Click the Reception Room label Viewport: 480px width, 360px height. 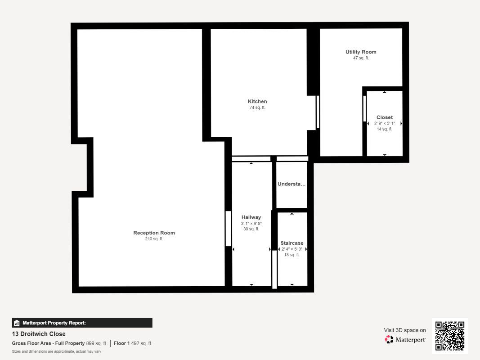[154, 233]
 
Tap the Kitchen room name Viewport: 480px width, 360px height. [257, 101]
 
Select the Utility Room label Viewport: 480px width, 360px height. [361, 52]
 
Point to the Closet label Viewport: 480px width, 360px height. [385, 117]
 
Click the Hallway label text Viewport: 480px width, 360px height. [251, 217]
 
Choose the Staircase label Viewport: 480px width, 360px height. [292, 243]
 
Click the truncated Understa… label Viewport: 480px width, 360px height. [292, 184]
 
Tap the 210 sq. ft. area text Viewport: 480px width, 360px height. [154, 239]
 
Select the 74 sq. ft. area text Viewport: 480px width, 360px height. [257, 108]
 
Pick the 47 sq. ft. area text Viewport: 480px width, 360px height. [361, 58]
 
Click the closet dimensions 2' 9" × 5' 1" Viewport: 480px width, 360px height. [385, 123]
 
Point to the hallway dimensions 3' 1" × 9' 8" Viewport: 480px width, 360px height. [251, 223]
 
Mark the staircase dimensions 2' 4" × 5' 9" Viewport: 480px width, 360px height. [292, 249]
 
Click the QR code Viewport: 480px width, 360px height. [450, 336]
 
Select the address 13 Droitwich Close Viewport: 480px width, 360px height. [39, 334]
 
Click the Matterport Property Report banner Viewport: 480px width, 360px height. [82, 323]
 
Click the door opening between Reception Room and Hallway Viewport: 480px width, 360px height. [228, 228]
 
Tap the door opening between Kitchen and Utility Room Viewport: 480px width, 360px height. [318, 112]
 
